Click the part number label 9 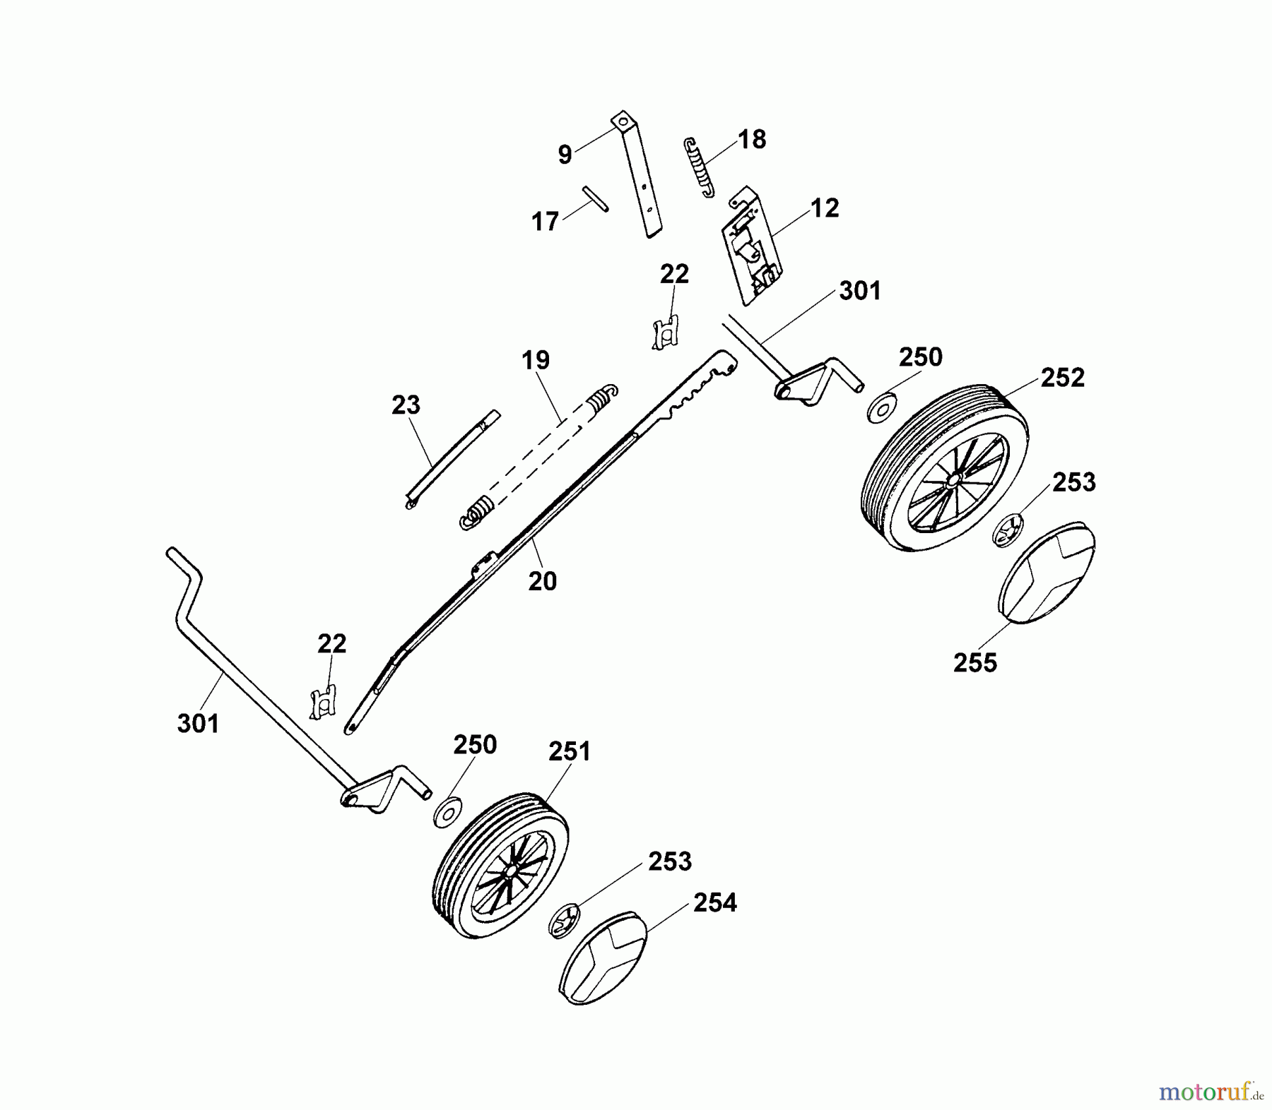click(x=565, y=155)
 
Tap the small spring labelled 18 click(x=699, y=168)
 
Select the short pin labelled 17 click(x=595, y=198)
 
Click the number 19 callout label click(x=536, y=360)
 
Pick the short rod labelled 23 click(x=452, y=459)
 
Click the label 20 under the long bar click(x=542, y=581)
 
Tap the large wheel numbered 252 click(x=945, y=467)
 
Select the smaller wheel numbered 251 click(x=500, y=865)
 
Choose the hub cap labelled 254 click(x=603, y=957)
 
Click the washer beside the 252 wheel click(x=882, y=408)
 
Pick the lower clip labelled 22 click(x=323, y=703)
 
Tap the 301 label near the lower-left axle click(x=198, y=724)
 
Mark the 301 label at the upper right click(x=860, y=291)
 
